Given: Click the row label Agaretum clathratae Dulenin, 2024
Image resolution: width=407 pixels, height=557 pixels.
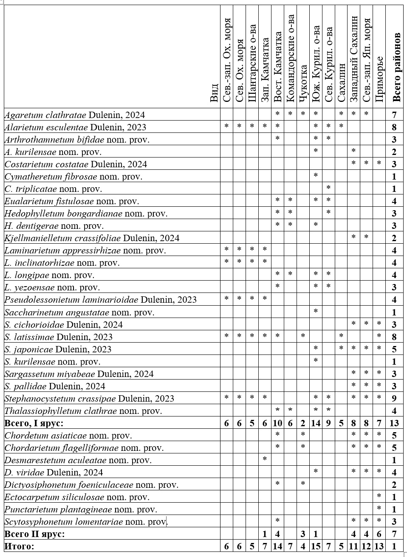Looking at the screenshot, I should (75, 115).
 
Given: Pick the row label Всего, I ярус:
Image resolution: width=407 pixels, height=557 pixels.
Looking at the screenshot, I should (34, 423).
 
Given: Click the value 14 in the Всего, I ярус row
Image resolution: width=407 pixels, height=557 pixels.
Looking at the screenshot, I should (316, 423).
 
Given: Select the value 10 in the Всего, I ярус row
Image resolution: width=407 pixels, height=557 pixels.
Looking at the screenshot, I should (277, 423).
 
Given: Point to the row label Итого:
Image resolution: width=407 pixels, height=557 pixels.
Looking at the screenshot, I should (20, 546).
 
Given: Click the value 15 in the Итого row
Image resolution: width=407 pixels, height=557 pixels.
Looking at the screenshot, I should (316, 546).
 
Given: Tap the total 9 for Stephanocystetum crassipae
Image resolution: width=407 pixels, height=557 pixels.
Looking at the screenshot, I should (394, 398).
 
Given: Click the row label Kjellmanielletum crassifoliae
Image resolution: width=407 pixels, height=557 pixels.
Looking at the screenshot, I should (92, 238).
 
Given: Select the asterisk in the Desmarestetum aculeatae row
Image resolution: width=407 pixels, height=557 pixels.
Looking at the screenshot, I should (265, 459).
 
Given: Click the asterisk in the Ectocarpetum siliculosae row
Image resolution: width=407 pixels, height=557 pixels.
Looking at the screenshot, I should (379, 496).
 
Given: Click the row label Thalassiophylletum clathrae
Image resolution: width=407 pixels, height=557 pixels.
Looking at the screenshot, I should (83, 411).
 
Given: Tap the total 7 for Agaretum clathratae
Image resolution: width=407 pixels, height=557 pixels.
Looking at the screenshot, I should (394, 115).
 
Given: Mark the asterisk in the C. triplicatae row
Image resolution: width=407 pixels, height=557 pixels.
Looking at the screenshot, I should (328, 188).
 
